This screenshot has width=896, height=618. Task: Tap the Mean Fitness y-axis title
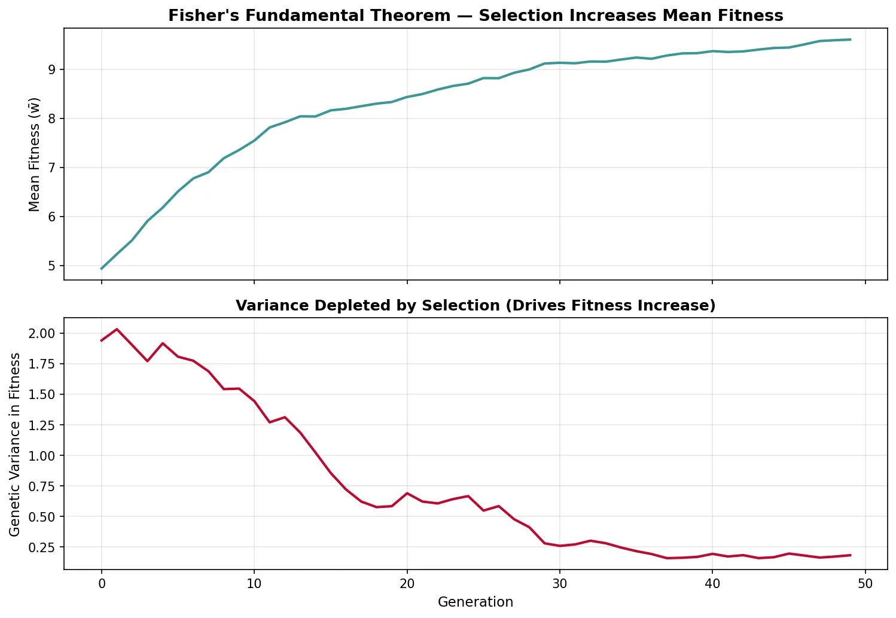click(x=35, y=154)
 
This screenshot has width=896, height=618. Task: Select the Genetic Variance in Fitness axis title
click(x=15, y=444)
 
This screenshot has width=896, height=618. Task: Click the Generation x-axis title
click(x=475, y=602)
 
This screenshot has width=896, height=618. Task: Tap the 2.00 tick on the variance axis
click(x=43, y=333)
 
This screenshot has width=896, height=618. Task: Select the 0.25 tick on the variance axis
click(x=43, y=547)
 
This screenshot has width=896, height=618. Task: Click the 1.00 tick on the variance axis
click(x=43, y=455)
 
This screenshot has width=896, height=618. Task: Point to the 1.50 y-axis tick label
click(x=43, y=394)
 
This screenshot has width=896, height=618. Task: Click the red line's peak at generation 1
click(x=117, y=329)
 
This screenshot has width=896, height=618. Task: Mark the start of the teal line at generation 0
click(x=102, y=269)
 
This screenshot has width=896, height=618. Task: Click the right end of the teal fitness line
click(x=850, y=39)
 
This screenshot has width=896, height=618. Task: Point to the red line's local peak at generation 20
click(x=407, y=493)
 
